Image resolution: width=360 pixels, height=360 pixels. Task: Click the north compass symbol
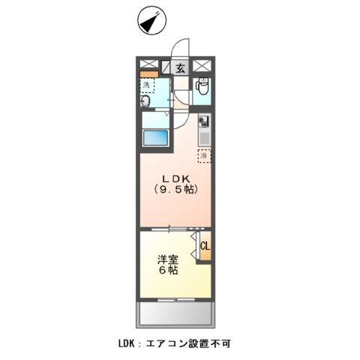click(150, 22)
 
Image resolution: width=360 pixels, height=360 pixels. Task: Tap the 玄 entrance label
click(181, 67)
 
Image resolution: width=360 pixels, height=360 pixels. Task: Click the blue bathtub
click(157, 140)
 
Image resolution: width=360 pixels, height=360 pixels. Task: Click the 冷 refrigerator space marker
click(203, 156)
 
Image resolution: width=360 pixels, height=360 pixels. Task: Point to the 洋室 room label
click(167, 260)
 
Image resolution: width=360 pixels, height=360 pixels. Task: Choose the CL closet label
click(205, 245)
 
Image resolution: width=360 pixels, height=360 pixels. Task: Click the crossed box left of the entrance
click(148, 64)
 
